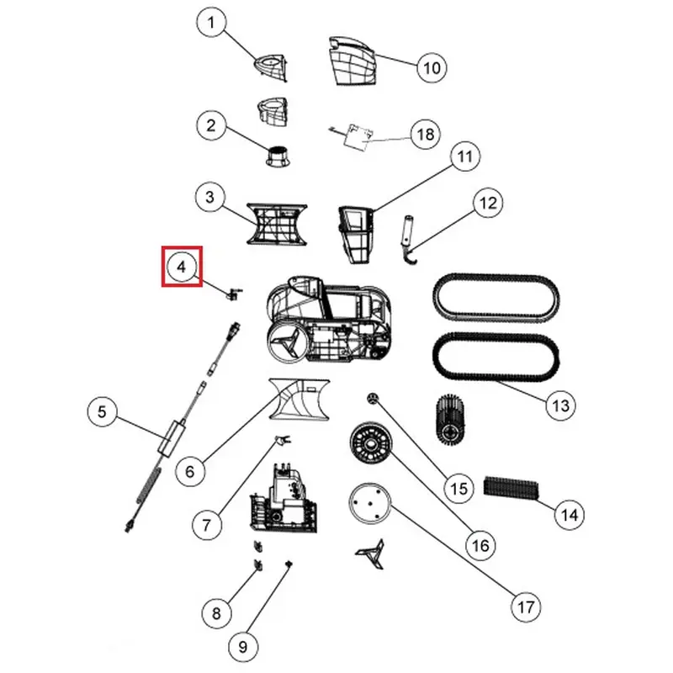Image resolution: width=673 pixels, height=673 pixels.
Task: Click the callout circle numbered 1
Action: click(x=211, y=23)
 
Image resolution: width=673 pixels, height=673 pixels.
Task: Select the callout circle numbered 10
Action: click(x=432, y=67)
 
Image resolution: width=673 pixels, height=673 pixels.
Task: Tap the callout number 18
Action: click(x=426, y=135)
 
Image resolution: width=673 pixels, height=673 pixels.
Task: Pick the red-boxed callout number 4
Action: click(x=182, y=267)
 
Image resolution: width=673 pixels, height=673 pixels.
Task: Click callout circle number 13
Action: click(x=560, y=405)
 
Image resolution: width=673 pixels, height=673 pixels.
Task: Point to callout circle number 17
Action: click(x=526, y=607)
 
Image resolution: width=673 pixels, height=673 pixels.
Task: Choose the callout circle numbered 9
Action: click(x=243, y=646)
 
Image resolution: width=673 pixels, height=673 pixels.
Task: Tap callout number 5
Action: click(x=102, y=411)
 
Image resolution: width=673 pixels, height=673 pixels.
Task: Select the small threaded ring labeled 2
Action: click(x=278, y=156)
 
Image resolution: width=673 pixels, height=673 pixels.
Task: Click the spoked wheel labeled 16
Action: click(x=372, y=443)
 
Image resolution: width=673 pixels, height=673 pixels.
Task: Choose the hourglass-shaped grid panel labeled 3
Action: click(x=277, y=224)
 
